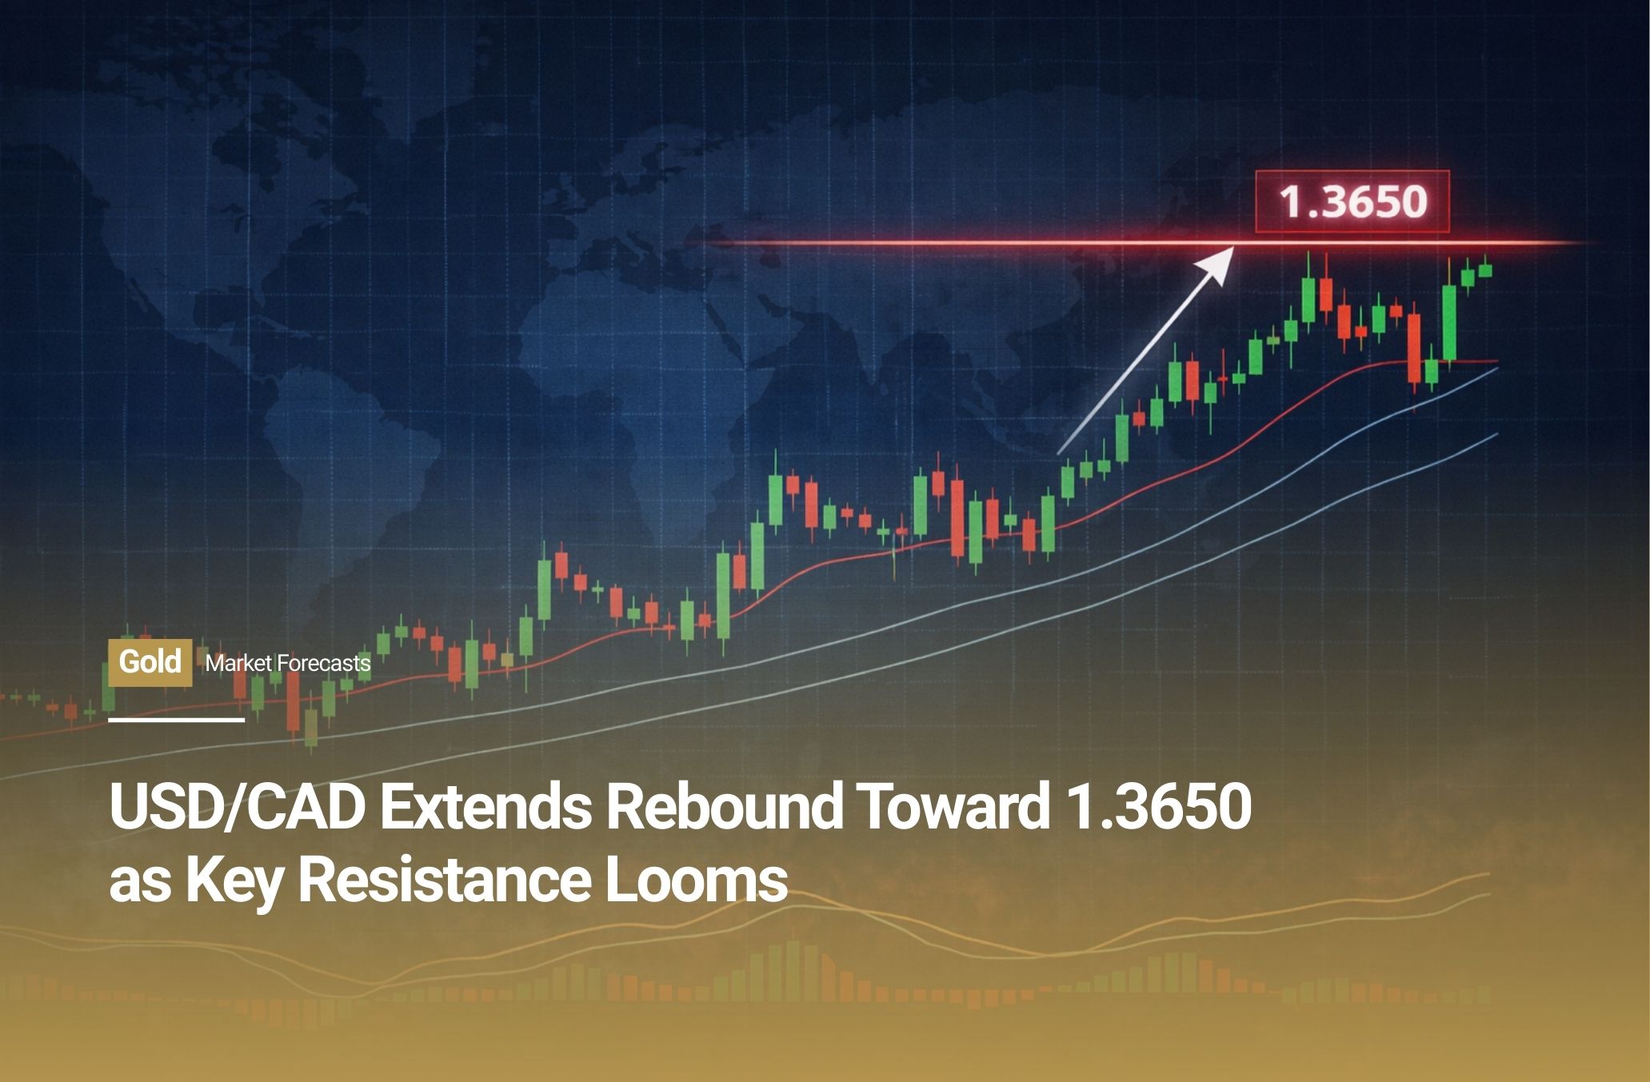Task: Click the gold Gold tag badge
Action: pyautogui.click(x=150, y=663)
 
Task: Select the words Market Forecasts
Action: pyautogui.click(x=288, y=664)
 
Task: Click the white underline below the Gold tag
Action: pyautogui.click(x=177, y=720)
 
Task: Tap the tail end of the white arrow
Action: pyautogui.click(x=1059, y=454)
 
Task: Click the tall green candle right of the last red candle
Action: pyautogui.click(x=1449, y=324)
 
